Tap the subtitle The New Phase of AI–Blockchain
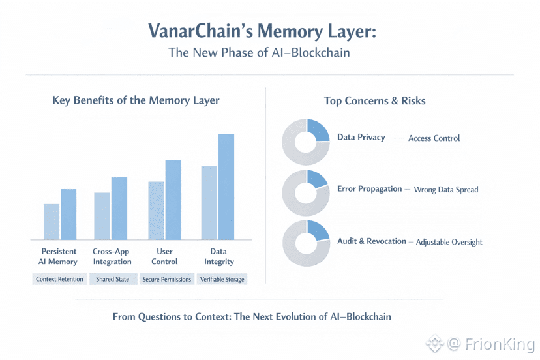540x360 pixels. click(x=259, y=53)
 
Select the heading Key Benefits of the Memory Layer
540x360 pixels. click(x=136, y=100)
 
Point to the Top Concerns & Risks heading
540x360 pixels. click(x=375, y=101)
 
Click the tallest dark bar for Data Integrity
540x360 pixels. click(x=226, y=187)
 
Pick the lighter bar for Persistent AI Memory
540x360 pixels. click(x=52, y=222)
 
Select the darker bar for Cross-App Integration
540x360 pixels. click(x=119, y=208)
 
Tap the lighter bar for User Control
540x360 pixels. click(x=157, y=211)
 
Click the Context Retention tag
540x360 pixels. click(x=59, y=279)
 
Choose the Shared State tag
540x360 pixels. click(x=113, y=279)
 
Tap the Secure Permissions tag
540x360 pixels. click(x=166, y=279)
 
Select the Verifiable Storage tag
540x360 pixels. click(x=222, y=279)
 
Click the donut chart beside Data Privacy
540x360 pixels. click(x=306, y=142)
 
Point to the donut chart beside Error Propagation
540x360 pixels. click(x=306, y=193)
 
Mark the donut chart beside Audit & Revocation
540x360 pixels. click(x=306, y=243)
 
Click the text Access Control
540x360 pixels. click(x=434, y=138)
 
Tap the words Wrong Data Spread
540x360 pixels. click(x=446, y=190)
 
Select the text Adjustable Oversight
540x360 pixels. click(x=449, y=242)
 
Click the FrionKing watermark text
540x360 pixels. click(x=490, y=343)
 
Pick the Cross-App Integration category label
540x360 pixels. click(x=112, y=256)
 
